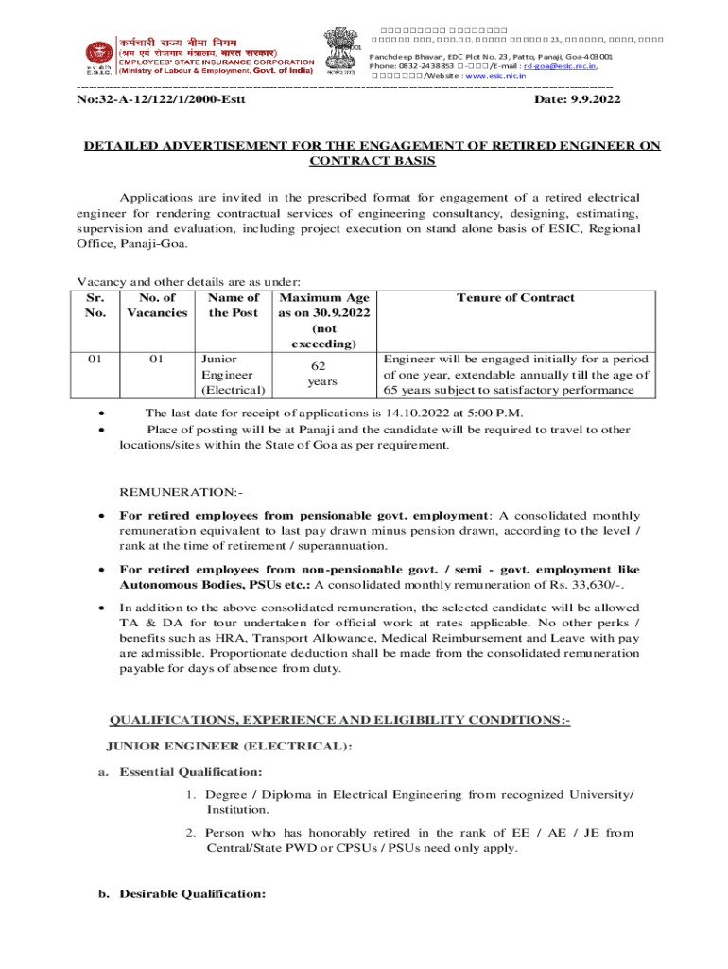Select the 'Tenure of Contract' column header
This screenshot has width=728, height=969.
click(514, 298)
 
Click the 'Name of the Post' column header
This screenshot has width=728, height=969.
click(233, 306)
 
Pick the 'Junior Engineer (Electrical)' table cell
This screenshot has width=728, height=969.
click(233, 375)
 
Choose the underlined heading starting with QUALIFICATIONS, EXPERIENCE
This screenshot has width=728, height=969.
click(340, 720)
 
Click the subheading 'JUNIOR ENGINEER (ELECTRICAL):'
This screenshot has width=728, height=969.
click(230, 747)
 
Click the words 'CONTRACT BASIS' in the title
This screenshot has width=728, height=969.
click(373, 162)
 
